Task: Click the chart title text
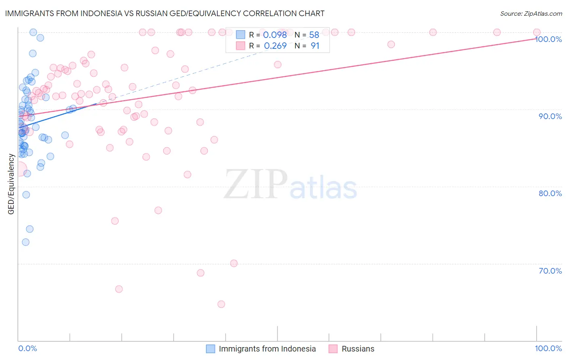(165, 13)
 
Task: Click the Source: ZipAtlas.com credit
(531, 13)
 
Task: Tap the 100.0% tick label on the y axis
(548, 39)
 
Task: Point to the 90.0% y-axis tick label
(550, 116)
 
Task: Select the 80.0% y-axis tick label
(550, 193)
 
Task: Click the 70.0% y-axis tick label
(550, 271)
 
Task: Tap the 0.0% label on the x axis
(27, 348)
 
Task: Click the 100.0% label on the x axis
(548, 348)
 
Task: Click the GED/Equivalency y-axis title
(11, 184)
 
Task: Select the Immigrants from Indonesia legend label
(267, 349)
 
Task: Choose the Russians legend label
(358, 349)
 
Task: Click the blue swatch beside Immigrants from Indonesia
(211, 349)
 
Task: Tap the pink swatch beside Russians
(333, 349)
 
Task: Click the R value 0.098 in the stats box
(275, 35)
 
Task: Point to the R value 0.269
(275, 46)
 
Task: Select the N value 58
(314, 35)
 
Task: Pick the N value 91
(315, 46)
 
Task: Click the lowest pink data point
(221, 304)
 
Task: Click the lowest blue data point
(25, 242)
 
